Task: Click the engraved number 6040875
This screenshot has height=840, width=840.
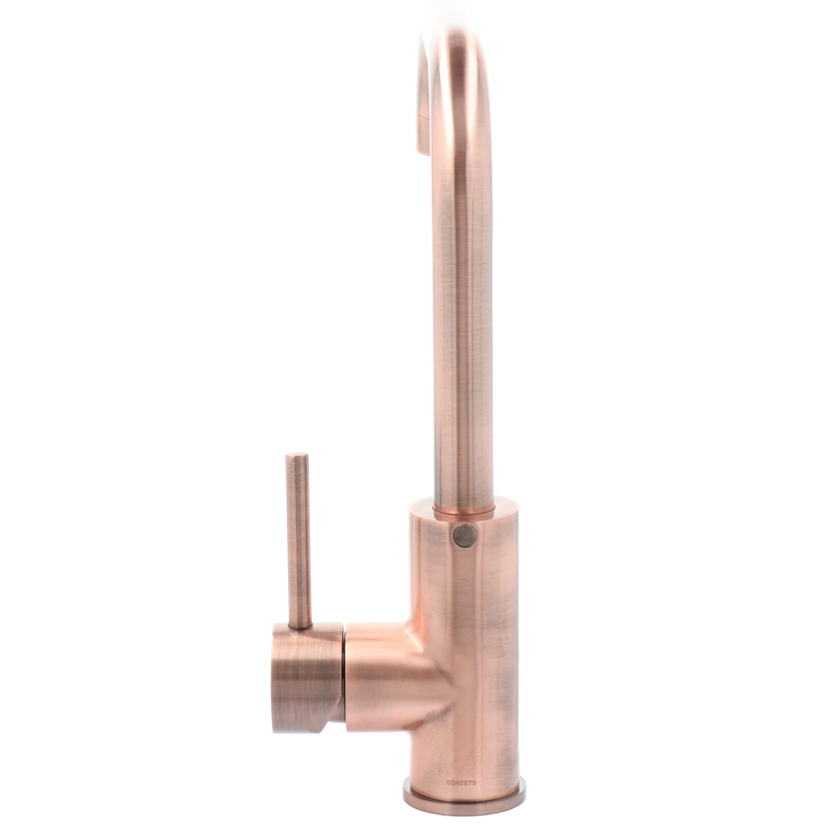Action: point(461,783)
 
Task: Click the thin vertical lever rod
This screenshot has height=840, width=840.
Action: point(298,540)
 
